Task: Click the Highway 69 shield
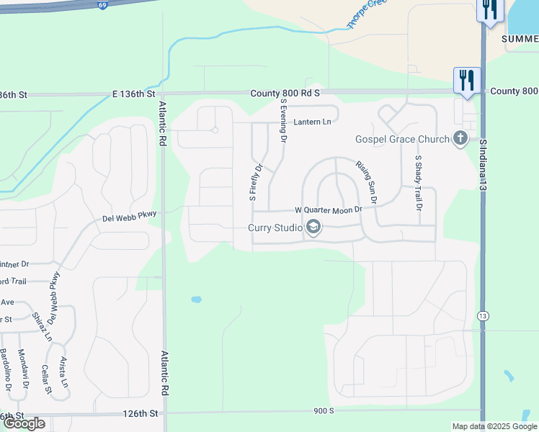tap(104, 4)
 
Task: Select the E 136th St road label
tap(134, 94)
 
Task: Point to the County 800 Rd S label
tap(285, 94)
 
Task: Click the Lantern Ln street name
tap(312, 122)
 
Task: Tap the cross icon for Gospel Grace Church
tap(460, 138)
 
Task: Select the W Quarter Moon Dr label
tap(327, 210)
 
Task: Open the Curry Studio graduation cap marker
tap(313, 228)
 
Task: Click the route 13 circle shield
tap(483, 315)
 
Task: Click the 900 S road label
tap(324, 410)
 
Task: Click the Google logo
tap(24, 423)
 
